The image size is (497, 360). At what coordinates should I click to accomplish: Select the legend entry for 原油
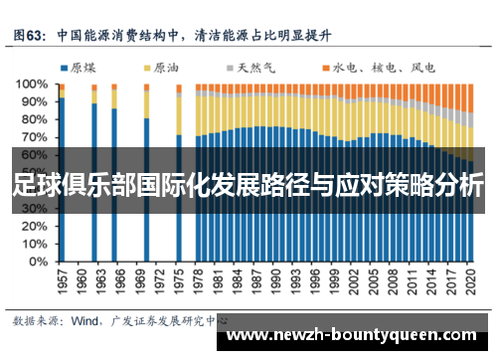pyautogui.click(x=163, y=68)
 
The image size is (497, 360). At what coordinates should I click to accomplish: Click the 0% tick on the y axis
pyautogui.click(x=36, y=264)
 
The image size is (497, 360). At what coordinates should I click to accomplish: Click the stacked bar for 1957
pyautogui.click(x=61, y=174)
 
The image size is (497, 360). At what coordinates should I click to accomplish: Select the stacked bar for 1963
pyautogui.click(x=94, y=174)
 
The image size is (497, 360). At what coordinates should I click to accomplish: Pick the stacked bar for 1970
pyautogui.click(x=146, y=174)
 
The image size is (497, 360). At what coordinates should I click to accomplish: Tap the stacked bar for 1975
pyautogui.click(x=179, y=174)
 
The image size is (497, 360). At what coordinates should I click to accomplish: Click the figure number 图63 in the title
pyautogui.click(x=32, y=32)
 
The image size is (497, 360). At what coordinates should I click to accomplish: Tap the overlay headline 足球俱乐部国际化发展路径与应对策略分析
pyautogui.click(x=248, y=186)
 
